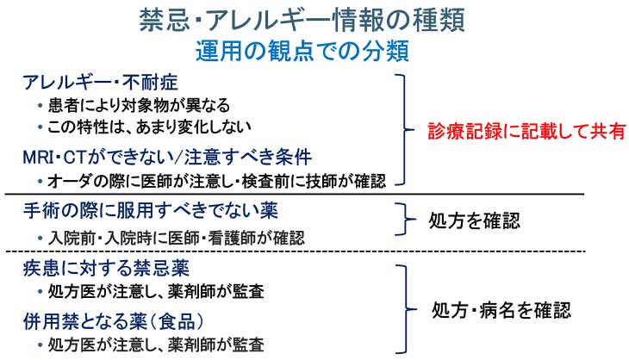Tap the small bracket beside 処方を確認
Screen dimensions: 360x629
pyautogui.click(x=402, y=220)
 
